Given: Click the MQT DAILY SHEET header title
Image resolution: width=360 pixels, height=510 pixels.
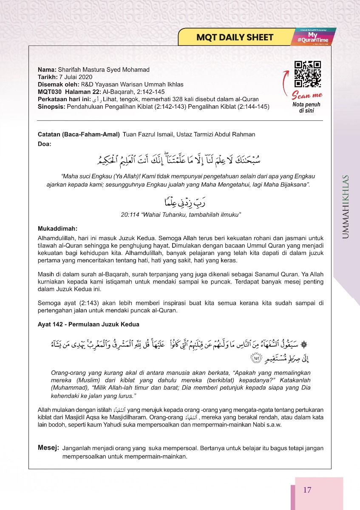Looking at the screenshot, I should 235,37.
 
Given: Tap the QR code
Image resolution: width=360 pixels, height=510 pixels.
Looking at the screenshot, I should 307,74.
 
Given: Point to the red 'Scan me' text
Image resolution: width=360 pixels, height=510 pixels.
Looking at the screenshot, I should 307,95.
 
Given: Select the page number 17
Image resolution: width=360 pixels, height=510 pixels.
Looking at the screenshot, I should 307,490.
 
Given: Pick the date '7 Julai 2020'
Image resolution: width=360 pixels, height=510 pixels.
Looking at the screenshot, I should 75,77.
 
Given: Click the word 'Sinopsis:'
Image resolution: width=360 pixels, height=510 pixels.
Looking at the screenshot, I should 51,107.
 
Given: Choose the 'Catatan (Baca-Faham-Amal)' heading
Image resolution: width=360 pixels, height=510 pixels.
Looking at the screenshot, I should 79,134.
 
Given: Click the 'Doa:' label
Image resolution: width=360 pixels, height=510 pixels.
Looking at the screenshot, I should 44,144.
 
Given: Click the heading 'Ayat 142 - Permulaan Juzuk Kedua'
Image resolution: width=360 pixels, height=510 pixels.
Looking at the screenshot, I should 88,324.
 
